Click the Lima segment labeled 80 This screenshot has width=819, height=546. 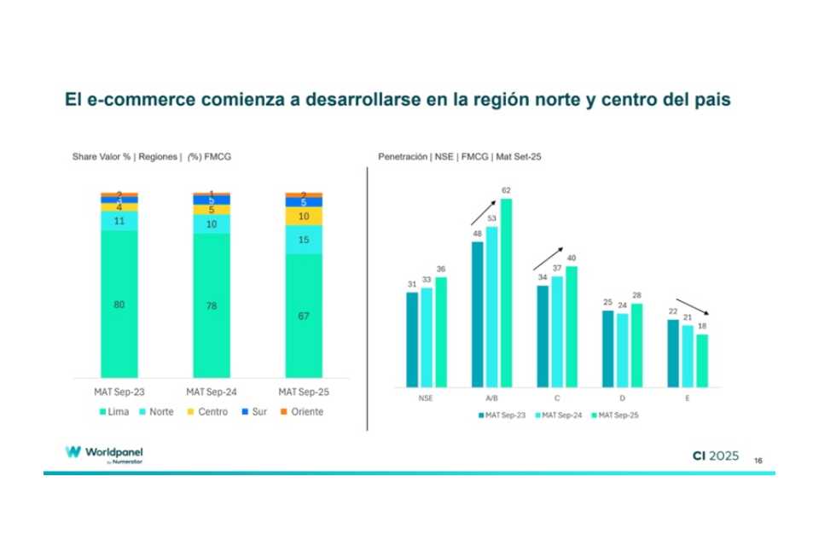pyautogui.click(x=119, y=304)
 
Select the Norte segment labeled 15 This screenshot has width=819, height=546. pyautogui.click(x=303, y=240)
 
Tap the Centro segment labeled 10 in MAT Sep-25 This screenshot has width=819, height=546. pyautogui.click(x=303, y=217)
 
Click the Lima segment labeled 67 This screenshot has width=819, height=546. pyautogui.click(x=303, y=316)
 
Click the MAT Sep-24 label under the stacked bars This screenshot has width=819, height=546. pyautogui.click(x=211, y=391)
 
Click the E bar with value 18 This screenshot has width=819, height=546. pyautogui.click(x=702, y=360)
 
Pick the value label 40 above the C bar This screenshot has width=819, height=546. pyautogui.click(x=572, y=258)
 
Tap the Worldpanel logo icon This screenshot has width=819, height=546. pyautogui.click(x=73, y=452)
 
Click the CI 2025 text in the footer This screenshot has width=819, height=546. pyautogui.click(x=715, y=456)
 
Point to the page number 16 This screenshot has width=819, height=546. pyautogui.click(x=758, y=461)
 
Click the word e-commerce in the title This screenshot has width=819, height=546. pyautogui.click(x=140, y=100)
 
